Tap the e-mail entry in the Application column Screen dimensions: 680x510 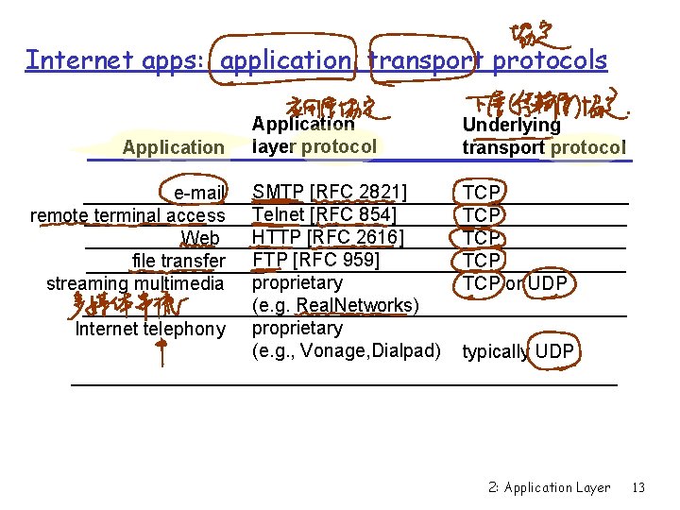tap(199, 194)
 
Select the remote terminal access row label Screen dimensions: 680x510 tap(128, 216)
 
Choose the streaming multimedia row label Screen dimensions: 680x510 tap(136, 283)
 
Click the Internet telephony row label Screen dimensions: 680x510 tap(151, 329)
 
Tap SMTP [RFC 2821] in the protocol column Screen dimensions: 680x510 tap(330, 193)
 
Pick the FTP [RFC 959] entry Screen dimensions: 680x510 tap(315, 261)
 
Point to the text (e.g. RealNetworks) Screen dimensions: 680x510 tap(335, 306)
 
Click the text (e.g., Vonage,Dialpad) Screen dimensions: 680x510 tap(347, 351)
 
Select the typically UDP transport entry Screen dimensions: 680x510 tap(518, 352)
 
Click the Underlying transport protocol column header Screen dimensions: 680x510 tap(543, 136)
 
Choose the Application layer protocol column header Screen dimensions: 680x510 tap(314, 135)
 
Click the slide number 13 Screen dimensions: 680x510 tap(638, 488)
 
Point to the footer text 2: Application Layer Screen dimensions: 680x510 tap(550, 488)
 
